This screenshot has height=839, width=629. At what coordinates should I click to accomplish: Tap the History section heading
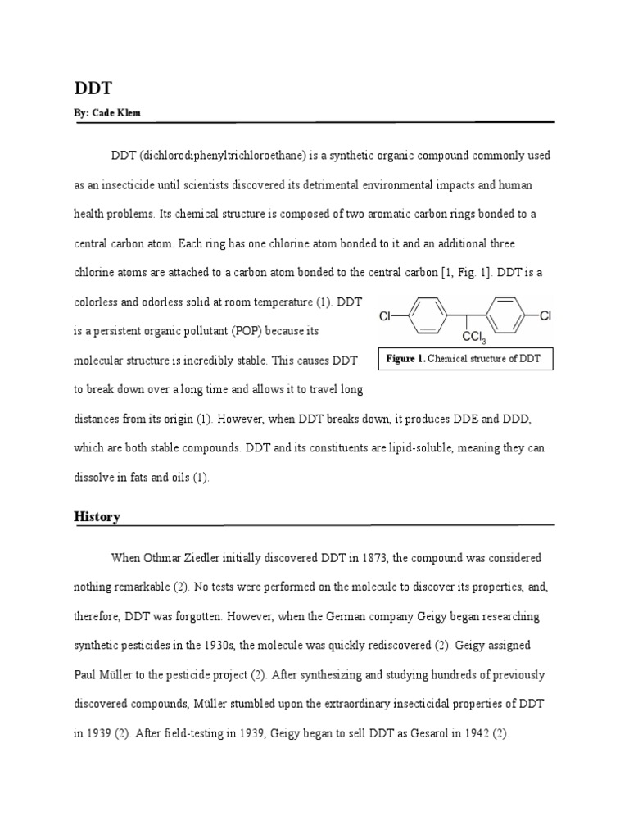point(97,517)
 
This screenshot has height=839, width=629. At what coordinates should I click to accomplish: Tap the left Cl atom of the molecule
point(386,315)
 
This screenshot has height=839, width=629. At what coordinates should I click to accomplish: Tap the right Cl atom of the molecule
point(545,315)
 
